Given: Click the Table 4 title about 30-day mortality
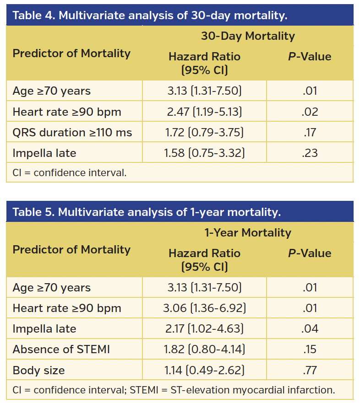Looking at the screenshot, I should [150, 16].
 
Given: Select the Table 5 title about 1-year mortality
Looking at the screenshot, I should [147, 212].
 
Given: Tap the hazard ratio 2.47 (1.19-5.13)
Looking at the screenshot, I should [204, 112].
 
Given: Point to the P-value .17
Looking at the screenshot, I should [310, 133].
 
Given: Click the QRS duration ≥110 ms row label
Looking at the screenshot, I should [72, 133].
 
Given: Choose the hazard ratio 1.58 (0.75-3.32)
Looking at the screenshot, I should [204, 153].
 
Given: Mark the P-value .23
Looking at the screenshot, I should [310, 153].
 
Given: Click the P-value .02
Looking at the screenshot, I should [310, 112].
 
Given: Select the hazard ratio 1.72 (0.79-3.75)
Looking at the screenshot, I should [204, 133].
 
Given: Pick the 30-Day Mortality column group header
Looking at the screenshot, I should [248, 36].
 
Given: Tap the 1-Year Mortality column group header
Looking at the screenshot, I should [248, 233].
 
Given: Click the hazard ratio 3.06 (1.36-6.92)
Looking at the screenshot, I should [204, 308].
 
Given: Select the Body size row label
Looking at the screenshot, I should [39, 370].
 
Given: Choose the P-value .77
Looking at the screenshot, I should [310, 370].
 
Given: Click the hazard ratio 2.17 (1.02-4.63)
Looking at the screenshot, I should [204, 329].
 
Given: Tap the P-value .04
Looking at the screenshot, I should [310, 329].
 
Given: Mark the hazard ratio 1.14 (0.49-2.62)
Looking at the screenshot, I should [204, 370].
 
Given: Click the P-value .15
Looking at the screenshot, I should [310, 350].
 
